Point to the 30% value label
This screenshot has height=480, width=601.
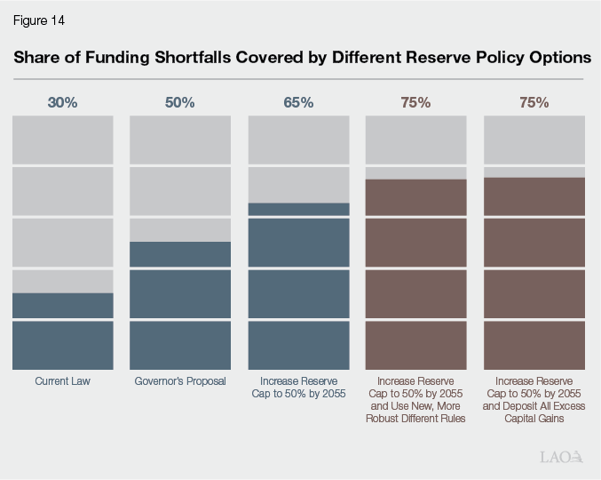(62, 102)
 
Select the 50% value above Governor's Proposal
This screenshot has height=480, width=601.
(180, 102)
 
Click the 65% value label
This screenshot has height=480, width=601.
(298, 102)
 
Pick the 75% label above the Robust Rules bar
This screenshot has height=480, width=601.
(415, 102)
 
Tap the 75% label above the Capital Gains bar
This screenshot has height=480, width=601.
(534, 102)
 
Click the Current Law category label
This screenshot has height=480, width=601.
(62, 381)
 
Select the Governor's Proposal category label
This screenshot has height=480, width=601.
(180, 381)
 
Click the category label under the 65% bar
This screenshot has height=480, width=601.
(298, 388)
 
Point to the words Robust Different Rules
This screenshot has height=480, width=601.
(416, 418)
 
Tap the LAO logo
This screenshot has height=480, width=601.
(561, 457)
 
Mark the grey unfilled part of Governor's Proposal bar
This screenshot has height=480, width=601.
(180, 178)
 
